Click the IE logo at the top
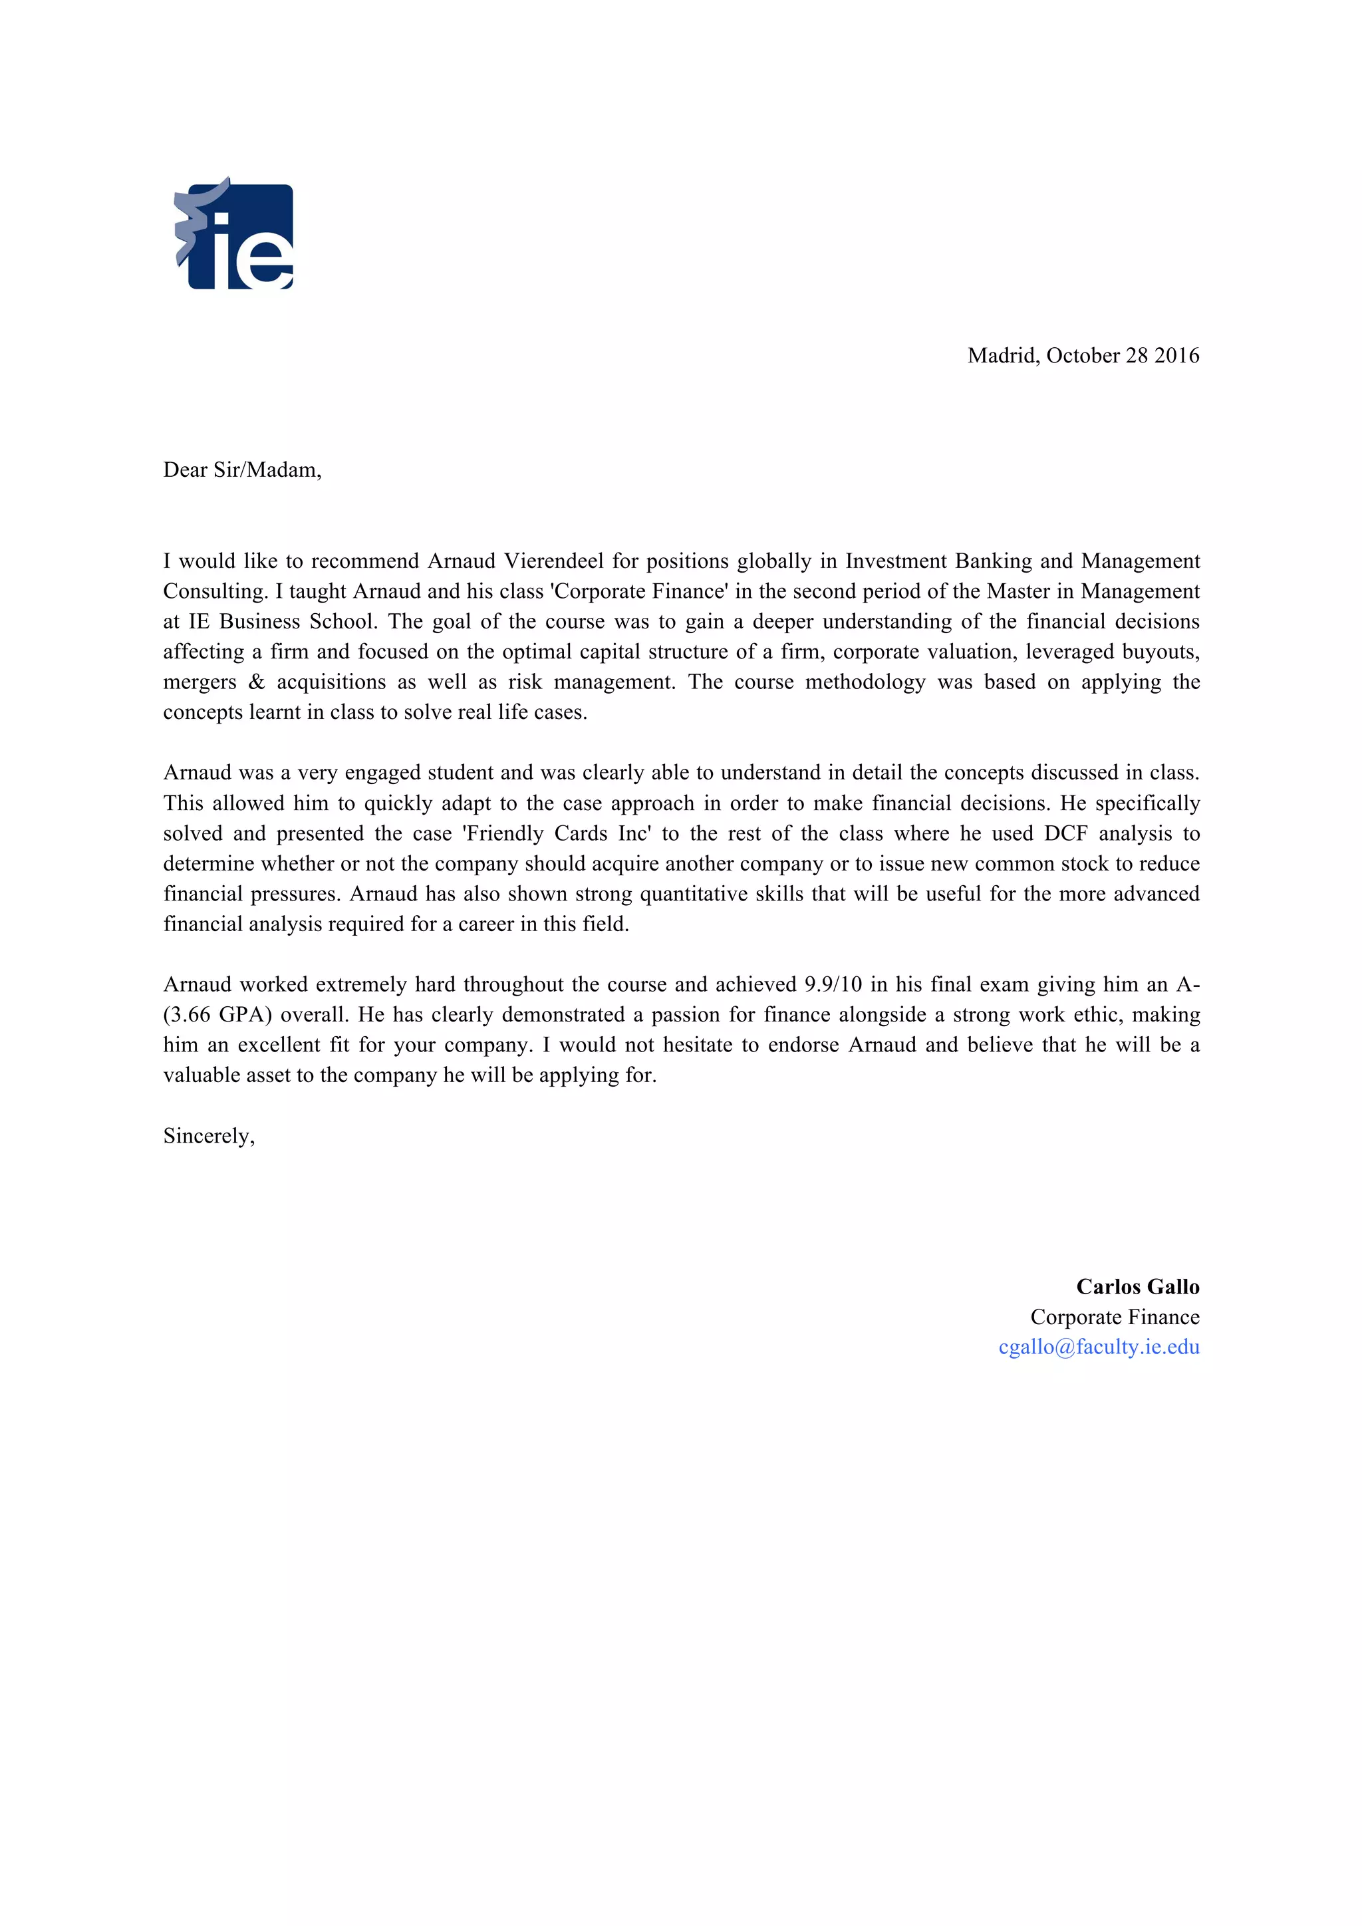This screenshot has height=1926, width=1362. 234,234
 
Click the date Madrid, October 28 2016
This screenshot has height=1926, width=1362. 1083,356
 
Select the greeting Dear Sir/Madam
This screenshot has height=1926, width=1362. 241,470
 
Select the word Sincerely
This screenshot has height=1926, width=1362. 208,1136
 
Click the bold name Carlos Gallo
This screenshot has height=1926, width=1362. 1137,1287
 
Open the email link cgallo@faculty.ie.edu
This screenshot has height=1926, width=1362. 1099,1347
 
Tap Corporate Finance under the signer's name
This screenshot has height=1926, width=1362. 1115,1317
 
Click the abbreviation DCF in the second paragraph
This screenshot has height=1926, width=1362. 1065,834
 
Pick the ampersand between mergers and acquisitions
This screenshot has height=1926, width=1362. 257,682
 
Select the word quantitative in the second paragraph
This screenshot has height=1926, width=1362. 694,894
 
